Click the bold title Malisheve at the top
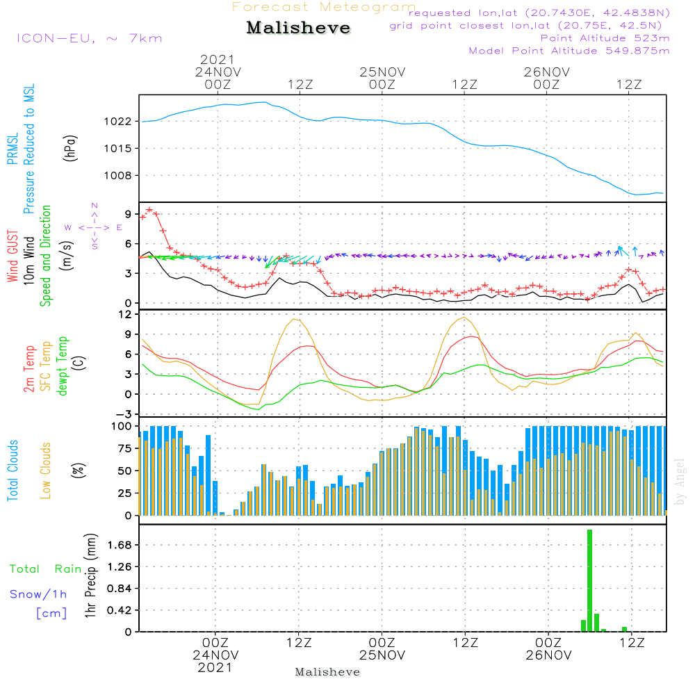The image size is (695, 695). click(x=298, y=28)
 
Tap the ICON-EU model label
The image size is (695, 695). click(x=89, y=38)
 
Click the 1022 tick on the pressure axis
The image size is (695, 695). click(x=117, y=121)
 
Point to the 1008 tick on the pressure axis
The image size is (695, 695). click(x=117, y=175)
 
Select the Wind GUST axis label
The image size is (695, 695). click(x=13, y=256)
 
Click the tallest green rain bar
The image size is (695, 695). click(x=589, y=580)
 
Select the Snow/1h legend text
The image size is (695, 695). click(x=39, y=594)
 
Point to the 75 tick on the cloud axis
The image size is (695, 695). click(x=122, y=448)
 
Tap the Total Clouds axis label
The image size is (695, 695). click(x=13, y=470)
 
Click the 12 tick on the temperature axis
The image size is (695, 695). click(x=124, y=314)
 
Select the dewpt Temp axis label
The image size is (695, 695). click(x=63, y=367)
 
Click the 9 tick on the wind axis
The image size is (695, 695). click(x=128, y=213)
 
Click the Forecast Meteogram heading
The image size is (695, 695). click(x=324, y=7)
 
